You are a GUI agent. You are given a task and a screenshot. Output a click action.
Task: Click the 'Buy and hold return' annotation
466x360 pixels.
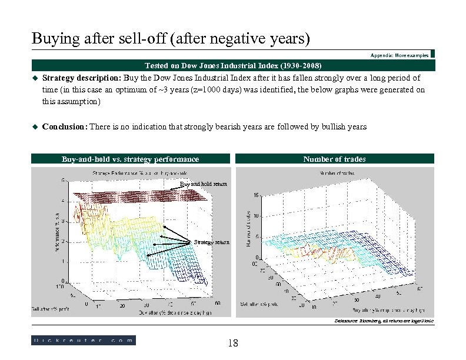203,185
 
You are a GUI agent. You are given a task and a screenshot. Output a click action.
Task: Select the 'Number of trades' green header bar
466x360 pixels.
334,159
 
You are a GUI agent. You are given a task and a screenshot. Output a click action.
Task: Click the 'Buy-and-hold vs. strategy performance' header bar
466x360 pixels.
130,159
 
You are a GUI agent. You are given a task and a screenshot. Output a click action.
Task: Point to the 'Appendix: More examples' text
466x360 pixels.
400,55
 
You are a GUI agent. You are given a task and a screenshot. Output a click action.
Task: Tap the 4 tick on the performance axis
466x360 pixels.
64,201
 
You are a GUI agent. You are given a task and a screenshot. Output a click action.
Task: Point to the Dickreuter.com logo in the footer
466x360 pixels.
84,340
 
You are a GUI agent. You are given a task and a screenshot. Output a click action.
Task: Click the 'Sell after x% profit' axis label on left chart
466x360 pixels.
51,308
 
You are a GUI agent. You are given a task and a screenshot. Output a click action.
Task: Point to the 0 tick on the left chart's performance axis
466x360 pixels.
64,281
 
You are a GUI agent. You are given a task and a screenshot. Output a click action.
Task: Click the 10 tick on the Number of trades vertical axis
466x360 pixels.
257,216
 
